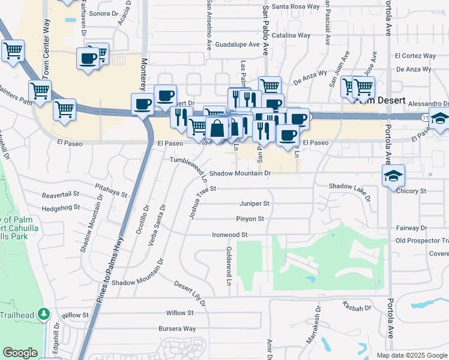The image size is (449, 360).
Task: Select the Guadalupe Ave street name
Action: [x=237, y=44]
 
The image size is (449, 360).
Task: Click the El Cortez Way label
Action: [x=415, y=56]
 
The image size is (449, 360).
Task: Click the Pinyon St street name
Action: [x=251, y=219]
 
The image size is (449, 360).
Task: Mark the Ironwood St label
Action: [x=230, y=235]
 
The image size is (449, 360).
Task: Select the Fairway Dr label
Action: [x=411, y=228]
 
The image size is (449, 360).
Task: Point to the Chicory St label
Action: [x=411, y=191]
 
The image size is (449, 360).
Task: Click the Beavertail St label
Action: [x=61, y=195]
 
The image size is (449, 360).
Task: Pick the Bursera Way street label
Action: [x=177, y=329]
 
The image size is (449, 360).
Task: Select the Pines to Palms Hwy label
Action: [x=108, y=264]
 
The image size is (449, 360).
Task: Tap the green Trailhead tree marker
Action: [x=43, y=314]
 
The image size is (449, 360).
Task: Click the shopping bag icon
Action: [x=217, y=128]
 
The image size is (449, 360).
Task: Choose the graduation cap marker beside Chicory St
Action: [x=394, y=175]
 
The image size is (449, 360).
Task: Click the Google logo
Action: [x=20, y=353]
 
